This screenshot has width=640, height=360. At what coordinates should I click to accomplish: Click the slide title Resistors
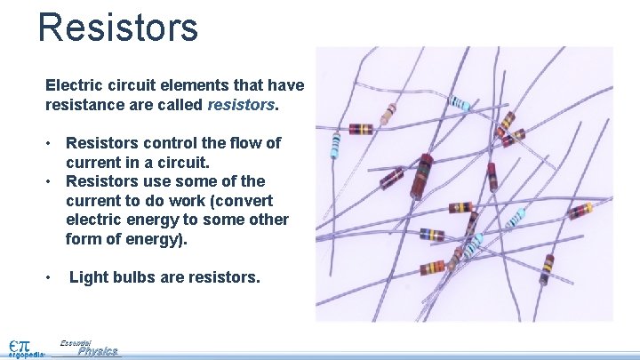118,27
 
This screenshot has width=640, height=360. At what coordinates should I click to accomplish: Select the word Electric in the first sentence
74,85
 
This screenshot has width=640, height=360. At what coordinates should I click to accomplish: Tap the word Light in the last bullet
89,278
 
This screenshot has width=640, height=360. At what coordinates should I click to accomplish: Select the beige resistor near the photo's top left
388,113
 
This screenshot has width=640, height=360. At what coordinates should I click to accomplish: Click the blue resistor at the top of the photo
460,103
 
